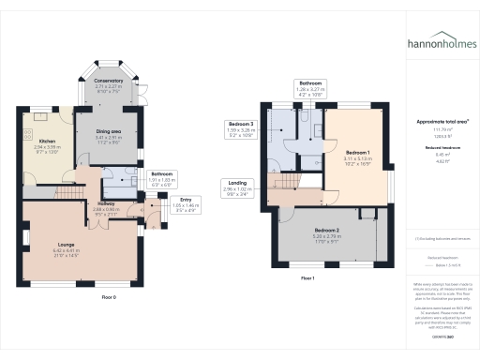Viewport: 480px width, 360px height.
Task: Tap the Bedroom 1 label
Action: pyautogui.click(x=356, y=153)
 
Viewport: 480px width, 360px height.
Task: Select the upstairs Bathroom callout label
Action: pyautogui.click(x=310, y=82)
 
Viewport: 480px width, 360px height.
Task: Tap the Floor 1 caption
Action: pyautogui.click(x=307, y=278)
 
